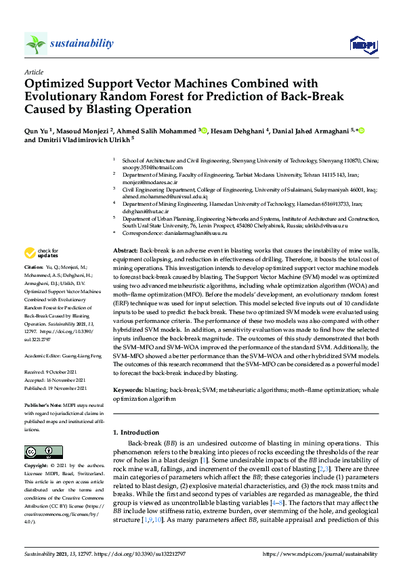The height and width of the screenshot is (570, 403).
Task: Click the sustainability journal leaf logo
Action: click(x=35, y=43)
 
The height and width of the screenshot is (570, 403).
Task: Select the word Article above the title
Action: click(x=33, y=71)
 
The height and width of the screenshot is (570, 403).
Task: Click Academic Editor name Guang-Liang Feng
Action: click(x=85, y=354)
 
